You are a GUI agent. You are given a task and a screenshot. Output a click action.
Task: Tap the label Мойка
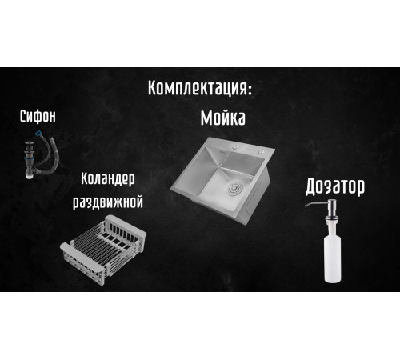coord(222,119)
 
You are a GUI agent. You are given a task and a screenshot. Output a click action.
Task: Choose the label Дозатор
coord(335,187)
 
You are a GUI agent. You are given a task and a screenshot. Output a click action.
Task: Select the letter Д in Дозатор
coord(312,188)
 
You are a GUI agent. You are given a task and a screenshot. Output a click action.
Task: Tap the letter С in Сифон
coord(23,118)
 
